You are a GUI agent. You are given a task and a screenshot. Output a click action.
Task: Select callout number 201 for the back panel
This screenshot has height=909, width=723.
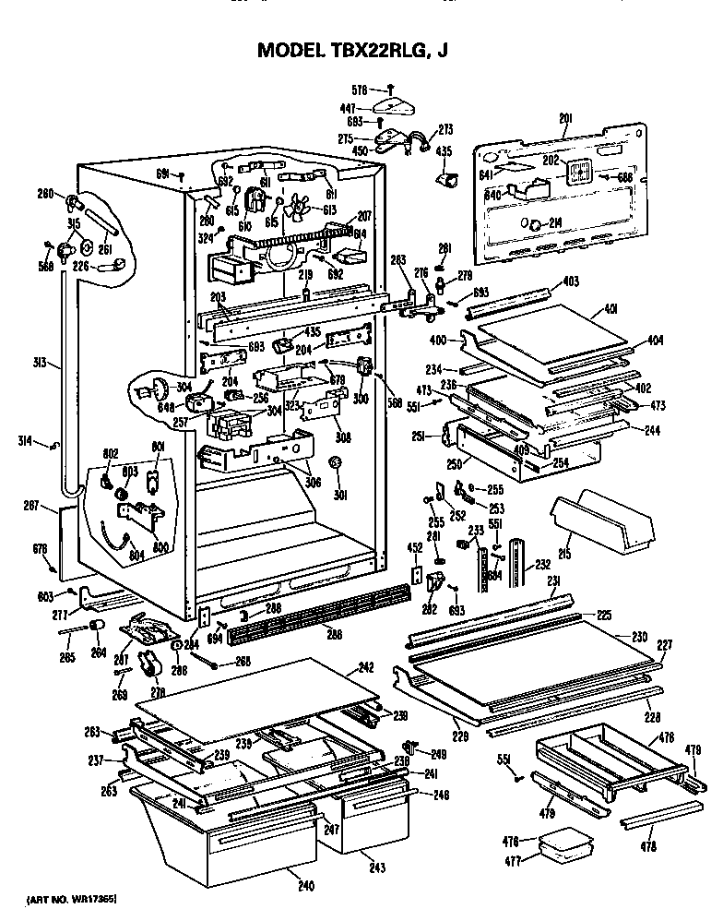tap(565, 117)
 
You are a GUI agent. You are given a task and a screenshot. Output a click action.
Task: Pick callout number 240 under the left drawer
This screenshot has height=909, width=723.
tap(305, 887)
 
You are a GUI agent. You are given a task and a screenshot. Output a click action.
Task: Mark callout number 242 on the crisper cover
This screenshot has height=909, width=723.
tap(365, 668)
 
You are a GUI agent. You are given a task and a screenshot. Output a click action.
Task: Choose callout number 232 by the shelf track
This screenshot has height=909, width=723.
tap(542, 565)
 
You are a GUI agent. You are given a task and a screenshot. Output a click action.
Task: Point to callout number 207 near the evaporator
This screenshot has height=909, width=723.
tap(363, 213)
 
